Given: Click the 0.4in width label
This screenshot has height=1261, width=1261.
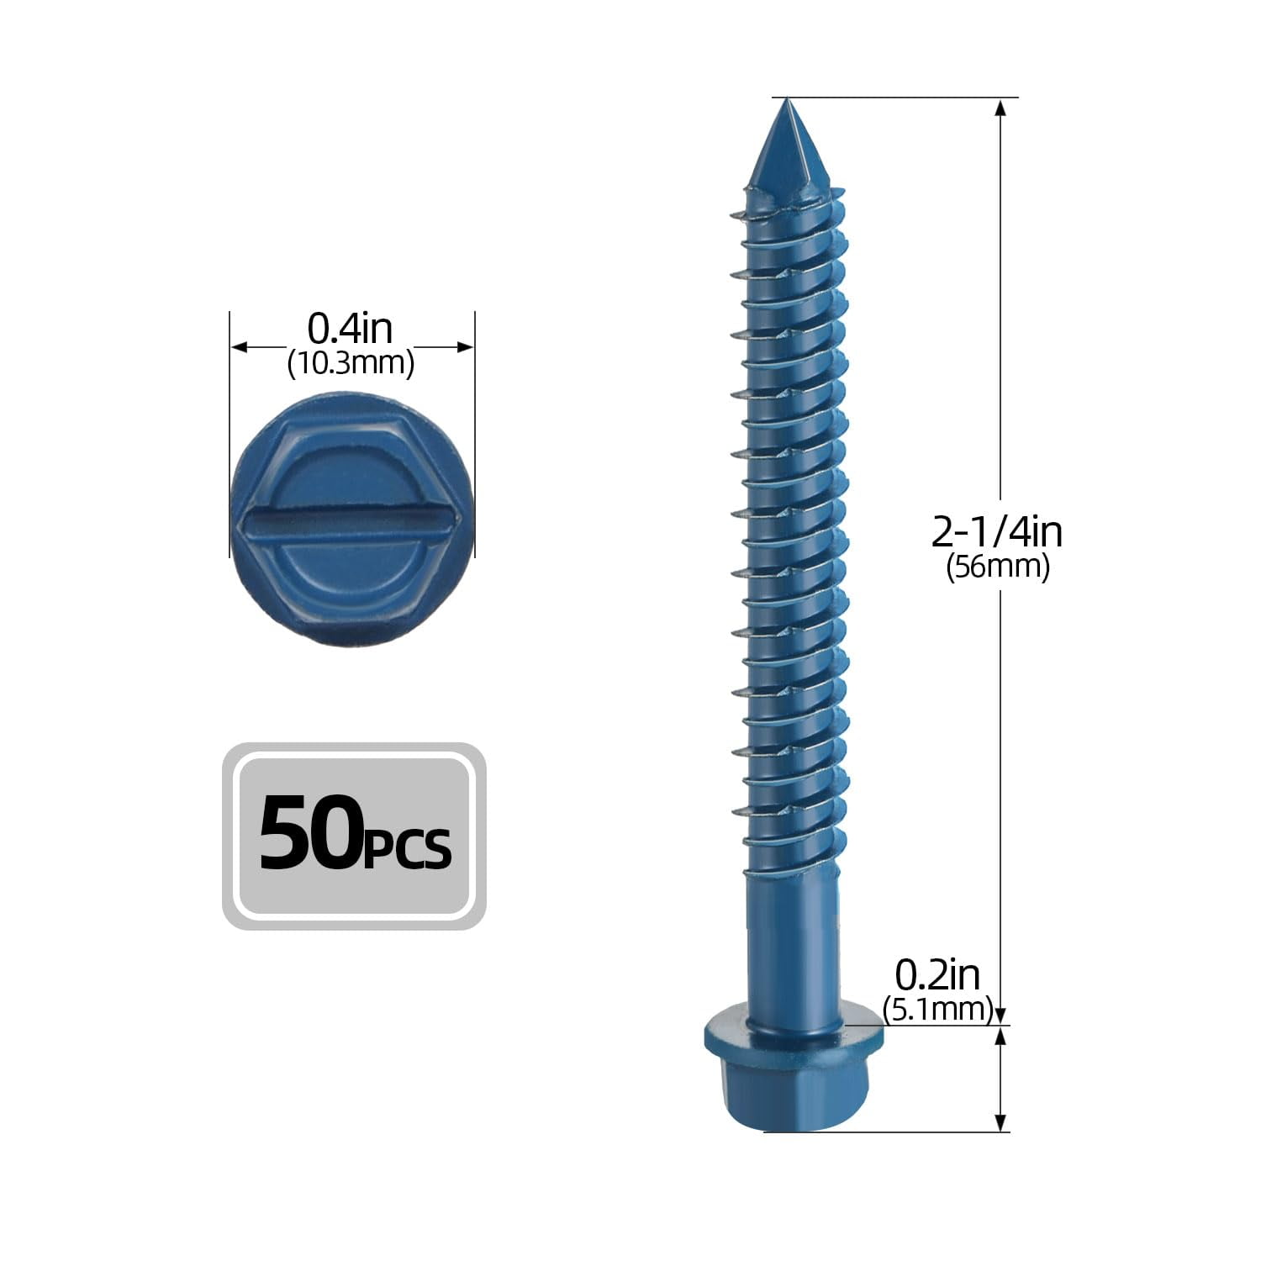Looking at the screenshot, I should pyautogui.click(x=350, y=329).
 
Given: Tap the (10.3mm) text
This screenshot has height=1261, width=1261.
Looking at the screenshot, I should pyautogui.click(x=351, y=363).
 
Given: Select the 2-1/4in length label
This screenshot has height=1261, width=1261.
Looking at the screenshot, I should pyautogui.click(x=997, y=532).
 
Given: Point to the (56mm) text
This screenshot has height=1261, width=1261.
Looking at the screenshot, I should pyautogui.click(x=998, y=567).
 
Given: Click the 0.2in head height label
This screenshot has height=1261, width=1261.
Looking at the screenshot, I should pyautogui.click(x=937, y=975).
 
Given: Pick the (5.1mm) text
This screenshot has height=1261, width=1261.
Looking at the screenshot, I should pyautogui.click(x=937, y=1008).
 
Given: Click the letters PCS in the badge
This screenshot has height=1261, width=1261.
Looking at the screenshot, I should pyautogui.click(x=409, y=847).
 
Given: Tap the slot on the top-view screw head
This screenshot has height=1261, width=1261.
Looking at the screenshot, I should pyautogui.click(x=351, y=523).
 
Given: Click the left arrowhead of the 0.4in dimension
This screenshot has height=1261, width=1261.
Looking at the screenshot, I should pyautogui.click(x=238, y=346).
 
